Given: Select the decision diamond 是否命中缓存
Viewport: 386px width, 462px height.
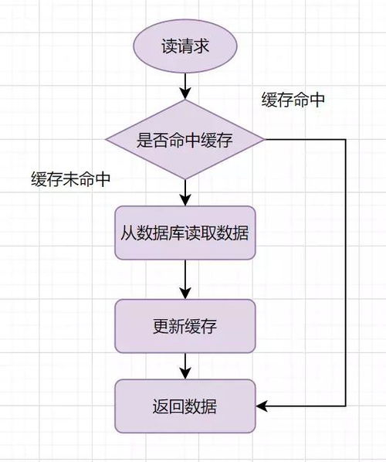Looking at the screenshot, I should [185, 140].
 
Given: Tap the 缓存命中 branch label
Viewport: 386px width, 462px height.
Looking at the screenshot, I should [293, 101].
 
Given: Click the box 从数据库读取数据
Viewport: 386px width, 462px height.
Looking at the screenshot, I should [185, 233].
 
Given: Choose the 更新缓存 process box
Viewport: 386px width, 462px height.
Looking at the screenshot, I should [185, 325].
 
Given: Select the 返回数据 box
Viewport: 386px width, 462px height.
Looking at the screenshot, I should [185, 406].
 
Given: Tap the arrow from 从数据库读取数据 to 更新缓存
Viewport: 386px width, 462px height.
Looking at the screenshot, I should [185, 279].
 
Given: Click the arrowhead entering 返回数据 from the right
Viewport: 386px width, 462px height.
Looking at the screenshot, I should [261, 406].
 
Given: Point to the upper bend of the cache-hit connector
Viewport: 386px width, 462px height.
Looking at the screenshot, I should [345, 140].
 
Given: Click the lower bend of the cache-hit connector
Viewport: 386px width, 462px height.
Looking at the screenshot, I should [345, 406].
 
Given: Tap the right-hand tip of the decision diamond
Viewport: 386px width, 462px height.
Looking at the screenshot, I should [264, 140].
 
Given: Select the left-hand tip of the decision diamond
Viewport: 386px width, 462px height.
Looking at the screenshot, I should [107, 140].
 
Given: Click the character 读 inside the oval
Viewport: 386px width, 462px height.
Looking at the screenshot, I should [168, 46].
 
